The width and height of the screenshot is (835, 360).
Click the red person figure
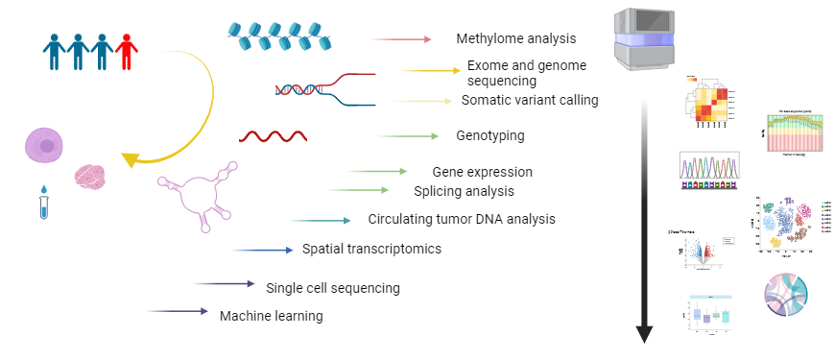(126, 51)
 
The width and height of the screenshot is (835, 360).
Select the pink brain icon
(89, 176)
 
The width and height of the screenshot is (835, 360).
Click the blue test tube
(43, 203)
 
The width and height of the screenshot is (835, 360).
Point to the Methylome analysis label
(515, 39)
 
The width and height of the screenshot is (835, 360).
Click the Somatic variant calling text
(530, 100)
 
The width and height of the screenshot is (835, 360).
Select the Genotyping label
(489, 135)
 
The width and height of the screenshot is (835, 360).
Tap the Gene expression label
(482, 172)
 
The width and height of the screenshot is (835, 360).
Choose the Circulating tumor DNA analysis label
(462, 219)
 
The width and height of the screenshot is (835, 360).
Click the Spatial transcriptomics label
(371, 250)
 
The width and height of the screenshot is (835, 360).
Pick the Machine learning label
(271, 315)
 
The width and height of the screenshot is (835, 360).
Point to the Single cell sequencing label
(332, 287)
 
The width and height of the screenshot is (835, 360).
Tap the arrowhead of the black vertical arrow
(644, 334)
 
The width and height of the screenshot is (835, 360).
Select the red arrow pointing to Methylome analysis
(402, 39)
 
